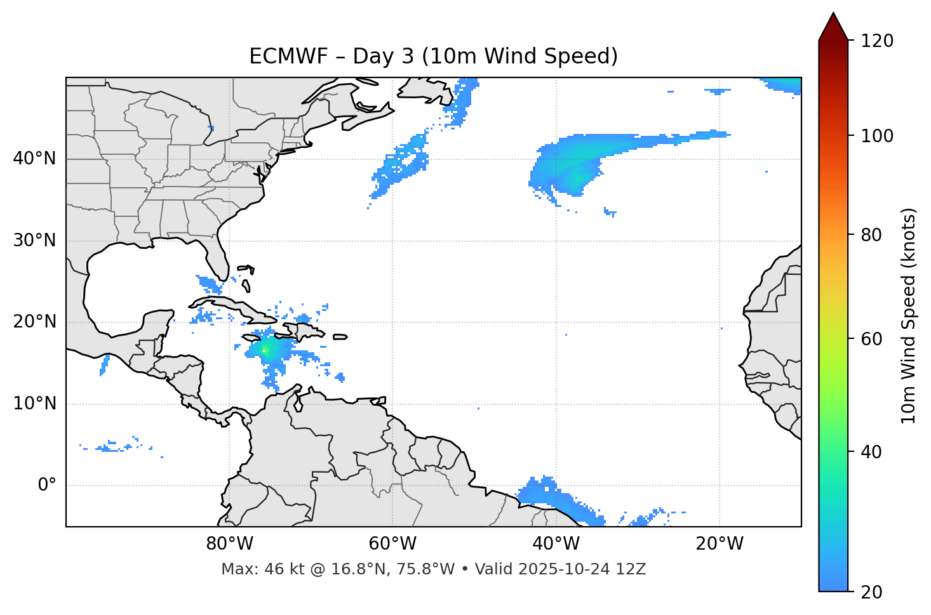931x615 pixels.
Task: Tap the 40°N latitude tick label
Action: point(34,159)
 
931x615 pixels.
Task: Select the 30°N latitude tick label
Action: point(34,241)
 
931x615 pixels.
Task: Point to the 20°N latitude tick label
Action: point(34,322)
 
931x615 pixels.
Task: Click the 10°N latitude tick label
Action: point(34,404)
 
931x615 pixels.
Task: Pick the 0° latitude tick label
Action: point(47,486)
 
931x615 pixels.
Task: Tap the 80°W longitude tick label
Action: point(229,544)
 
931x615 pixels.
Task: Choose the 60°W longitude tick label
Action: point(392,544)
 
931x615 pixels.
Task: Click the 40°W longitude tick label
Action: point(556,544)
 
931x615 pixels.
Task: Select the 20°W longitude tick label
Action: point(720,544)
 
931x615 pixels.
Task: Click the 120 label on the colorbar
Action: point(877,41)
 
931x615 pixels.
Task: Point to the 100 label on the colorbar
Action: point(877,136)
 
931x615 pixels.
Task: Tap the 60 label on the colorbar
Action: point(872,339)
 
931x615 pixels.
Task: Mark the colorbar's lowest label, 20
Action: point(872,592)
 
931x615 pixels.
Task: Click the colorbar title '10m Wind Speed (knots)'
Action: point(909,315)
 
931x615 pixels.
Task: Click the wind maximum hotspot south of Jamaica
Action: point(265,349)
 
